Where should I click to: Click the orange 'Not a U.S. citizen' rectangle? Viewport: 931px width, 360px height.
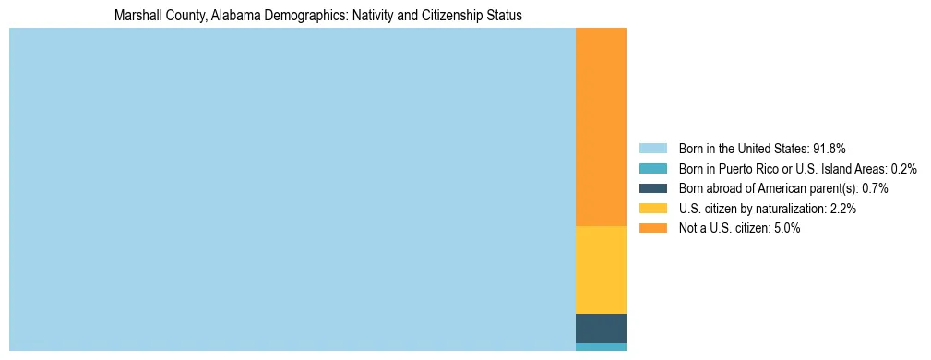(601, 126)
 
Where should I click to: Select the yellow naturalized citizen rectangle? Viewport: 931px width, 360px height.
(601, 270)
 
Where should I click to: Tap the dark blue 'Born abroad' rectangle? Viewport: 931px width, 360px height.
(601, 329)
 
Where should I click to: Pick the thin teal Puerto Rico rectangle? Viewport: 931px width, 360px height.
(601, 347)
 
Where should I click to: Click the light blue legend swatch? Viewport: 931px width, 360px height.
(652, 149)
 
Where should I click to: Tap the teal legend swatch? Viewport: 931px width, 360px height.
(652, 169)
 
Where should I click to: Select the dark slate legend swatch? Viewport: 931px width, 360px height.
(652, 188)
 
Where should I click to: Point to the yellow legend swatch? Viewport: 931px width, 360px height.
(652, 209)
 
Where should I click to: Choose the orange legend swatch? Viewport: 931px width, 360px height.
(652, 229)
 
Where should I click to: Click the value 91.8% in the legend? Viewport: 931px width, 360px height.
(829, 149)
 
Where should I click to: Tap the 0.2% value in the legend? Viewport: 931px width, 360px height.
(903, 169)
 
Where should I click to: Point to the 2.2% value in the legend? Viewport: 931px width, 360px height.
(843, 209)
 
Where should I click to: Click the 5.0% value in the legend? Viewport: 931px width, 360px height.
(787, 229)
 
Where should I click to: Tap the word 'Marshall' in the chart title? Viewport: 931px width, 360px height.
(136, 16)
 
